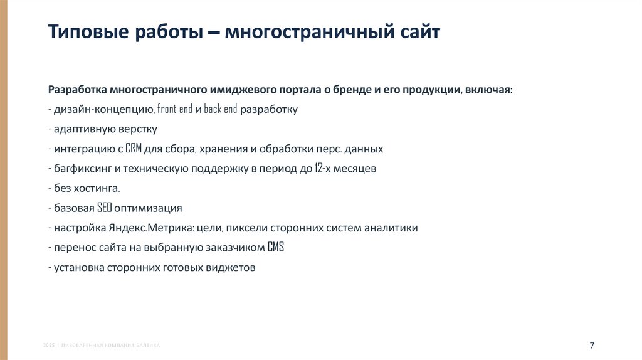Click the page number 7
pyautogui.click(x=592, y=346)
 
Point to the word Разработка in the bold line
pyautogui.click(x=77, y=90)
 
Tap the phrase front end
pyautogui.click(x=175, y=109)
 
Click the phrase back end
pyautogui.click(x=220, y=109)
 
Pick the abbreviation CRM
pyautogui.click(x=134, y=149)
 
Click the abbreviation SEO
pyautogui.click(x=104, y=208)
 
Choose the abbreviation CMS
pyautogui.click(x=276, y=247)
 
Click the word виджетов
pyautogui.click(x=233, y=267)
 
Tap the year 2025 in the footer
pyautogui.click(x=48, y=346)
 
